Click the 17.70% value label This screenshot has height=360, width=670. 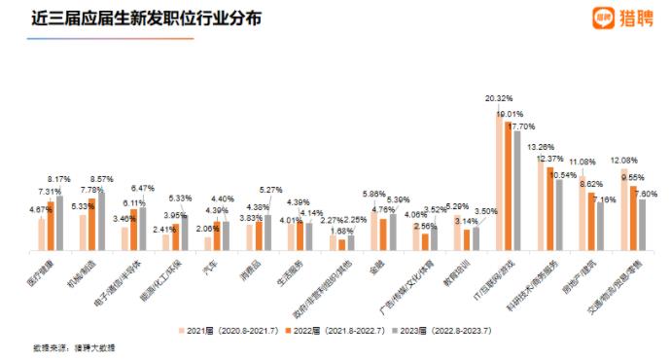click(524, 126)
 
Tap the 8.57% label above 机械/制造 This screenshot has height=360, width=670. click(103, 180)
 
